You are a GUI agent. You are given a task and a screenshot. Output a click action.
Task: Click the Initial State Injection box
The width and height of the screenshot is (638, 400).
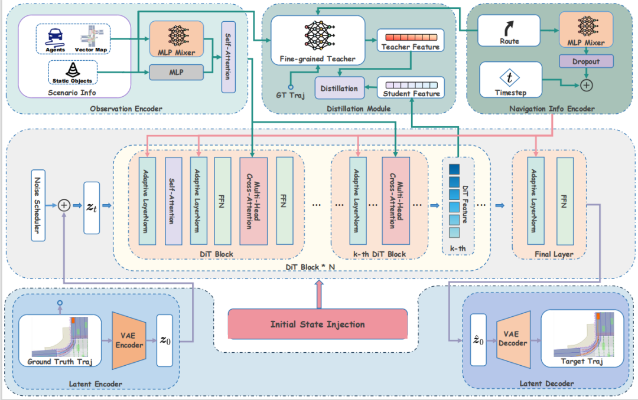(x=317, y=324)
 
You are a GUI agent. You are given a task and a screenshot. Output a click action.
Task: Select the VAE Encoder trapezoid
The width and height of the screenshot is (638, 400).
(x=128, y=341)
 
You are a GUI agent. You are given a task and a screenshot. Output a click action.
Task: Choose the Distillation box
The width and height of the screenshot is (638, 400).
(x=338, y=88)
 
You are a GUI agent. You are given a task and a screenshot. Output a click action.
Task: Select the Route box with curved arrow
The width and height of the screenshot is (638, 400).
(x=509, y=31)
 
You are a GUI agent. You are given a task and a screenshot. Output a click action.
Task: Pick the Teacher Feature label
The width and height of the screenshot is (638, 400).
(x=411, y=47)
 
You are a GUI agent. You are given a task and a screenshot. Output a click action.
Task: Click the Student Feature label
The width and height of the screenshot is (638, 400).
(x=411, y=93)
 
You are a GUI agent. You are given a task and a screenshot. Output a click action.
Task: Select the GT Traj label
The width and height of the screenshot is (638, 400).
(x=289, y=95)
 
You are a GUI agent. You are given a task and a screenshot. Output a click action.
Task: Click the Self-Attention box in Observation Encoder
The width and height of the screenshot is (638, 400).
(x=228, y=57)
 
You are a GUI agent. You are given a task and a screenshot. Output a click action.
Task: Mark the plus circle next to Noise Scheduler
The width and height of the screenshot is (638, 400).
(x=64, y=205)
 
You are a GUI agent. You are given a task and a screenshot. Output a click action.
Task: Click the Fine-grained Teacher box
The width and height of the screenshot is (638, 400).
(x=317, y=39)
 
